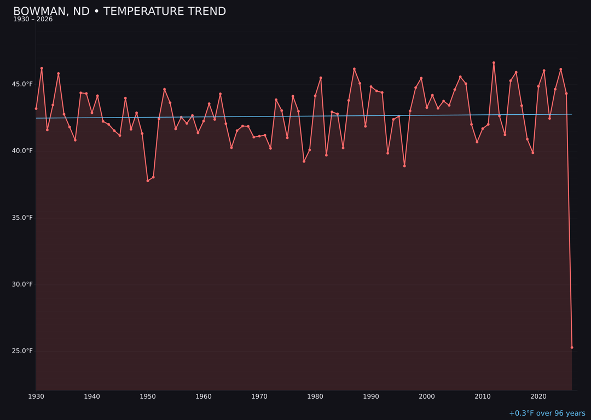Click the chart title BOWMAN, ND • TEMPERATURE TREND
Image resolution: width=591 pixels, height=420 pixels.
(119, 11)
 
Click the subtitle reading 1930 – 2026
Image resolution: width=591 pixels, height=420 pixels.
(33, 20)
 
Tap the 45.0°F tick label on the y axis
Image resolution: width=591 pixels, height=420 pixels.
(23, 84)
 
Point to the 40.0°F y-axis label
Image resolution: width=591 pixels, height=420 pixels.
(23, 151)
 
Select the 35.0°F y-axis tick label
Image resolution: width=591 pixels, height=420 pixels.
(23, 218)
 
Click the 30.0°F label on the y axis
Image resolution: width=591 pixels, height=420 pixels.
(23, 284)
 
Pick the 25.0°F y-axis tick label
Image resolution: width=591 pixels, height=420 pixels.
(23, 351)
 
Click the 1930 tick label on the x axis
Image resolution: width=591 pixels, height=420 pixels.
(36, 396)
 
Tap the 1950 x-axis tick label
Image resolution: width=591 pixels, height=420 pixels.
(148, 396)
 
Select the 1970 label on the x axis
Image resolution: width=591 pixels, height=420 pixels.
(259, 396)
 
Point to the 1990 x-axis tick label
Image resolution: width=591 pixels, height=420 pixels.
(371, 396)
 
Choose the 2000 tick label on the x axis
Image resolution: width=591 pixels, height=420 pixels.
(427, 396)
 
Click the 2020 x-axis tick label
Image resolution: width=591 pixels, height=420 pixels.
(538, 396)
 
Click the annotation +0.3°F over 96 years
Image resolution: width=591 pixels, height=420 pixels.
(547, 413)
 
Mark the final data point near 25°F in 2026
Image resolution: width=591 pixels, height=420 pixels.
(572, 347)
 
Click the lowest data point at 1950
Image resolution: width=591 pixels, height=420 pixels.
(148, 180)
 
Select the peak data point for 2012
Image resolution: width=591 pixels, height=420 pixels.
(494, 63)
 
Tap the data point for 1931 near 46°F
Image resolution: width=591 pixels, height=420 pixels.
(42, 68)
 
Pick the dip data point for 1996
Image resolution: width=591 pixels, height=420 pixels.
(404, 166)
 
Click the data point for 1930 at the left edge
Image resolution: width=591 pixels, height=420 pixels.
(36, 108)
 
